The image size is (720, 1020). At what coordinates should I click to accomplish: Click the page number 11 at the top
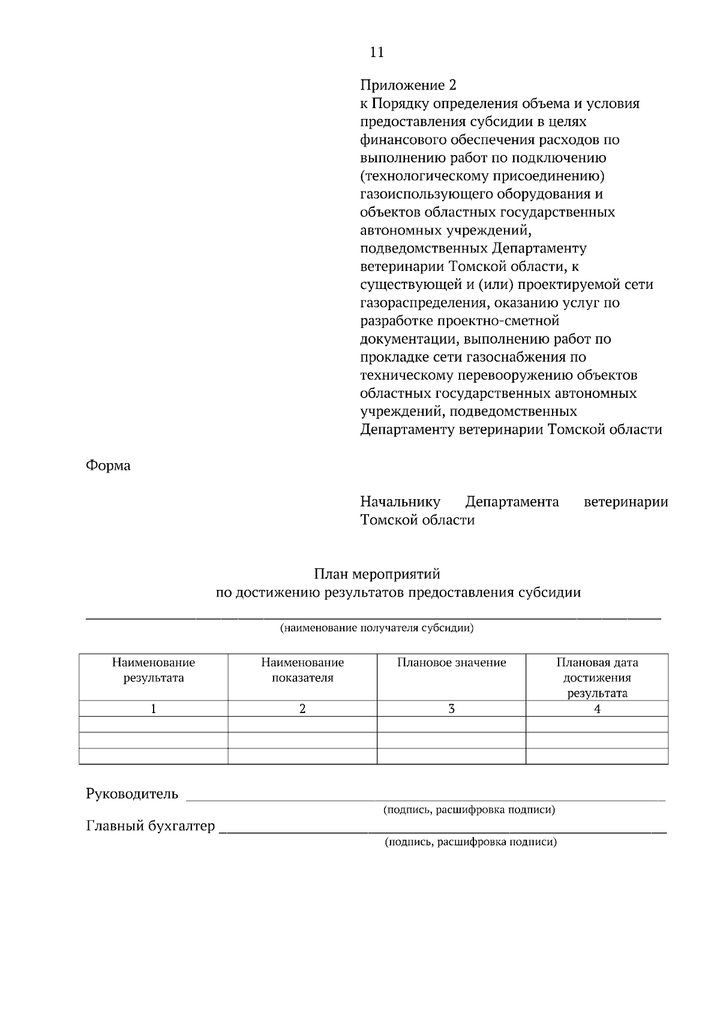point(377,52)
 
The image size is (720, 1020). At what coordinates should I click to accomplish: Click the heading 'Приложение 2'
point(408,85)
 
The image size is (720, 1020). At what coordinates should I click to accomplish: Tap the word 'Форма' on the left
point(108,466)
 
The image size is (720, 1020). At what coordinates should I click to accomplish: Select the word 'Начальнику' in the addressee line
point(400,502)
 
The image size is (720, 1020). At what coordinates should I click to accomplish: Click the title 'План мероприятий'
point(377,574)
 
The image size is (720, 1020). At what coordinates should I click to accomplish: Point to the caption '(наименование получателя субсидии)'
point(377,629)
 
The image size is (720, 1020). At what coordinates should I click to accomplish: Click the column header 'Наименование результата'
point(154,670)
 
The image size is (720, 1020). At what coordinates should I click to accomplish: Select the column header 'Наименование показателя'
point(302,670)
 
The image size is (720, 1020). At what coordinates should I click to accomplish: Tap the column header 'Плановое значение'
point(451,663)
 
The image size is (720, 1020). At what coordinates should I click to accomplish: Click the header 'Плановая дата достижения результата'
point(597,678)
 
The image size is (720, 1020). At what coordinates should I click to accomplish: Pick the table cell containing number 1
point(154,709)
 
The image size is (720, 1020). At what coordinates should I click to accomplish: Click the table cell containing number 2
point(302,709)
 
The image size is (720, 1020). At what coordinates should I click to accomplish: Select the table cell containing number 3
point(451,709)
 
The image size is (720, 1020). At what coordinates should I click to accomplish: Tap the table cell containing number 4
point(597,709)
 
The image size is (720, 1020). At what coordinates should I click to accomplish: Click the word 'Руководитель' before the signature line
point(132,794)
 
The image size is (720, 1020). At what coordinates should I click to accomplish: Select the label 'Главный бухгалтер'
point(151,826)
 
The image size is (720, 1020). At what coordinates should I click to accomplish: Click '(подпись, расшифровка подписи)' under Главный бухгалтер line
point(471,842)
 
